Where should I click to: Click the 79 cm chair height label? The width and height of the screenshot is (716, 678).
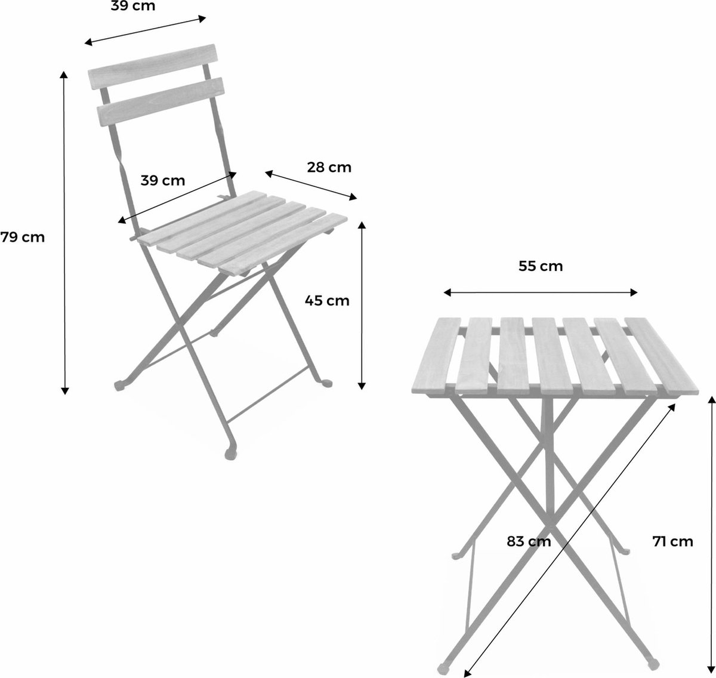[23, 237]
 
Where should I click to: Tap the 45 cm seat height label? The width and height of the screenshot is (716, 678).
[327, 301]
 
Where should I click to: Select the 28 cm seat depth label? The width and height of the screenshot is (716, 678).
[329, 167]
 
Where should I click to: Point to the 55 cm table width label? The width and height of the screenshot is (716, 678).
[541, 266]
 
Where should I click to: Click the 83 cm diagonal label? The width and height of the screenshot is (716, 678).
[529, 541]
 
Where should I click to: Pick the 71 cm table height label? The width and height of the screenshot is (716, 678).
[672, 541]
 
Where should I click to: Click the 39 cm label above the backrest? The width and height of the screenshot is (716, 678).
[133, 6]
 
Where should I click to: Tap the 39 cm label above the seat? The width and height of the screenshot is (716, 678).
[163, 180]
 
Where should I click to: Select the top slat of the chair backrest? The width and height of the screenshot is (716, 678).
[152, 66]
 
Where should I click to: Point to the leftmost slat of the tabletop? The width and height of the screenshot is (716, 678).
[436, 355]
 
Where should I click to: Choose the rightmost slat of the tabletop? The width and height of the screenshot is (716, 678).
[662, 356]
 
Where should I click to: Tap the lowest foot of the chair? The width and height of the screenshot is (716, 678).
[230, 454]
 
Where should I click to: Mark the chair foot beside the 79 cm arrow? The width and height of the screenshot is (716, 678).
[119, 385]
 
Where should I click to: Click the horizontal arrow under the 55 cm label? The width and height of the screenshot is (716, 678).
[541, 292]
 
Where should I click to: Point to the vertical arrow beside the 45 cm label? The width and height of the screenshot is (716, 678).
[361, 306]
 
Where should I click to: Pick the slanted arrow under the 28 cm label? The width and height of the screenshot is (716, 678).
[311, 186]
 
